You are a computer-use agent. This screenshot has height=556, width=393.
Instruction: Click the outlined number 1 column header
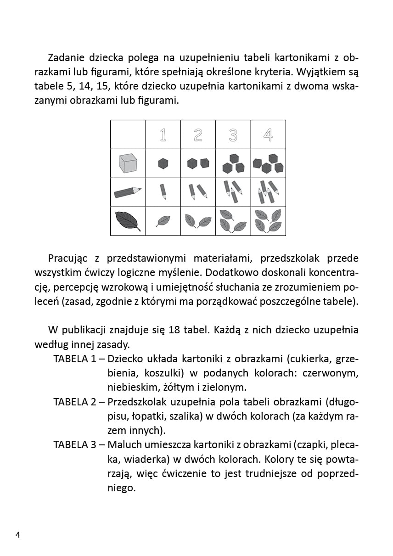163,135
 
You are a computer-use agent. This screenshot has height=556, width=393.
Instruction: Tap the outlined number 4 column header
268,135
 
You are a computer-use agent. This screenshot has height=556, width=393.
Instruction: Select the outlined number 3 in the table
233,135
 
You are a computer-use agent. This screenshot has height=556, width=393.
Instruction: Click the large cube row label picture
128,163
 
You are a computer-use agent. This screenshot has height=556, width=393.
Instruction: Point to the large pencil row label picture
128,191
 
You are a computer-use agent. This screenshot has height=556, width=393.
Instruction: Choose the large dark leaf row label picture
128,220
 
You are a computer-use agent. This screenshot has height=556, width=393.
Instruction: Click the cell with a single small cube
163,163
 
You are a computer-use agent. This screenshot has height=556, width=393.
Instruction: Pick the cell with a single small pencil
163,191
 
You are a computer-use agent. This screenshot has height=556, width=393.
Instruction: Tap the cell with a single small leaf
163,221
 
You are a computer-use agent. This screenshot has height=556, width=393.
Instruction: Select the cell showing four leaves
268,221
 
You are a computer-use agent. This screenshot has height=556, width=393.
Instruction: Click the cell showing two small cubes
198,163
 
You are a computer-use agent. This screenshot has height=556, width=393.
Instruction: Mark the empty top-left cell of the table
128,135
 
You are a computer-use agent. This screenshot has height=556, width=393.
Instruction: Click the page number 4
18,535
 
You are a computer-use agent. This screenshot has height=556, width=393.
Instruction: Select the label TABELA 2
74,402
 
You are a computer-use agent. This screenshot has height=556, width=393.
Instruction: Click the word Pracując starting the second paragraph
71,258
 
